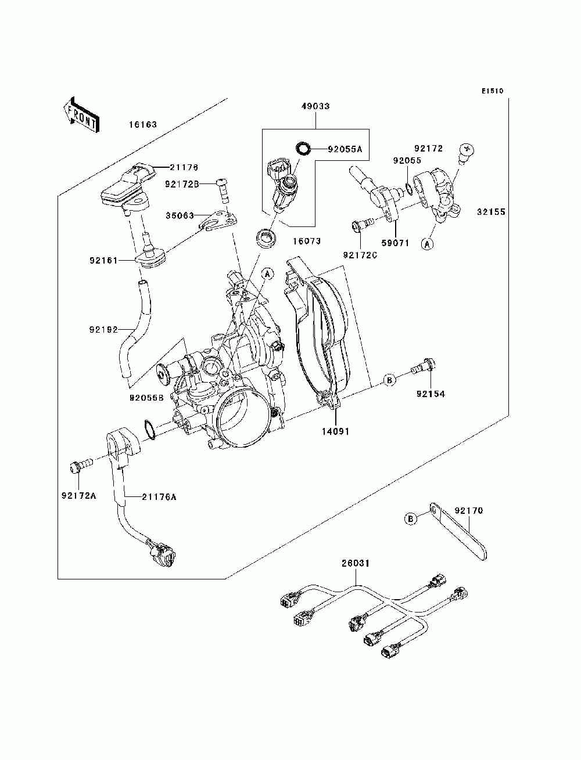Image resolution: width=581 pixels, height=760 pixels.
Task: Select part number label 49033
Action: coord(315,106)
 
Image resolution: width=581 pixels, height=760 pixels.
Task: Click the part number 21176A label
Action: coord(159,497)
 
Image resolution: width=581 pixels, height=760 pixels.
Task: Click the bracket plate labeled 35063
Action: coord(219,220)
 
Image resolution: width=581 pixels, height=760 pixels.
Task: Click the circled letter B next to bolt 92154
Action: coord(389,380)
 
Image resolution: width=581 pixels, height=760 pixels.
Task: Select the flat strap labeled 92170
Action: coord(458,531)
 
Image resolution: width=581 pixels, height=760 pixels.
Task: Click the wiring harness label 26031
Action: coord(355,563)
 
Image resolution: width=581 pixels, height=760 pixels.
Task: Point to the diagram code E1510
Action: coord(492,91)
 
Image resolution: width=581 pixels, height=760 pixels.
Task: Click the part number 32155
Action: coord(491,211)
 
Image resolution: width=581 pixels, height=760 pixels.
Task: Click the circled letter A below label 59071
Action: coord(427,244)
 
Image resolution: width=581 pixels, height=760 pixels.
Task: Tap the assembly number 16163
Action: coord(143,124)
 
